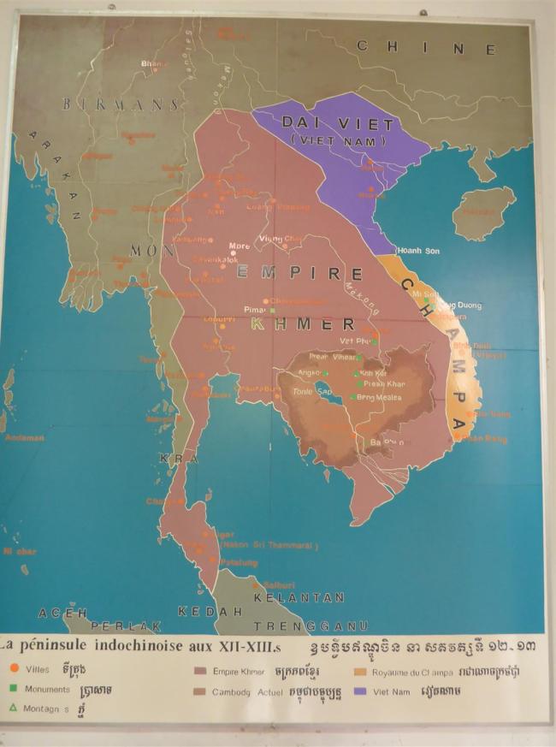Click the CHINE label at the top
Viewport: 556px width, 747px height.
point(426,48)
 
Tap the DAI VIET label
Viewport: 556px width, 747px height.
point(338,124)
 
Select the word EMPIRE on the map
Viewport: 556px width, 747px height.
point(298,273)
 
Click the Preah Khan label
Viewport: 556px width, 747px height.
point(382,384)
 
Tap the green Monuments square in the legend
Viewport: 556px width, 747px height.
point(14,689)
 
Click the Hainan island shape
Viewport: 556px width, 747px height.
point(484,211)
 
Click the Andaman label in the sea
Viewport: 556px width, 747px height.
point(20,437)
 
